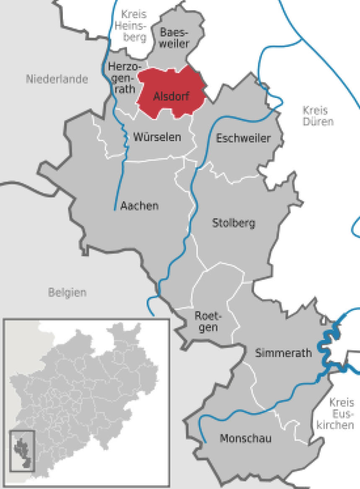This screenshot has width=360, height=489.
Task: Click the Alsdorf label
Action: click(x=171, y=97)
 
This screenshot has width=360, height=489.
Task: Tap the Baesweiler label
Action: click(x=175, y=38)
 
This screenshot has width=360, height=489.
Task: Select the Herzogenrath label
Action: click(x=122, y=77)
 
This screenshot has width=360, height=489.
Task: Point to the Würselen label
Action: click(x=157, y=137)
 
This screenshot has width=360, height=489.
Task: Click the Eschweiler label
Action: click(x=243, y=138)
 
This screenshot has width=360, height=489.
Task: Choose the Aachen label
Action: click(x=140, y=206)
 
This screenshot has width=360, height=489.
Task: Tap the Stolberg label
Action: click(x=233, y=223)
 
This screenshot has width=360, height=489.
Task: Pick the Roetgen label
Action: click(x=208, y=321)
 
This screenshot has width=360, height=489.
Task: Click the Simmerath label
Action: click(x=284, y=353)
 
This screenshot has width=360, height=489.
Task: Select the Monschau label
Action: click(x=246, y=439)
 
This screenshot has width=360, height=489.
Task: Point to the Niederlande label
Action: click(x=57, y=79)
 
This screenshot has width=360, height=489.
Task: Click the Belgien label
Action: click(x=67, y=292)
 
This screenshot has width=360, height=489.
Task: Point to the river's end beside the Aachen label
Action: click(x=115, y=209)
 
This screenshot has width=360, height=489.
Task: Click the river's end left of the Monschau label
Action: click(x=205, y=441)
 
